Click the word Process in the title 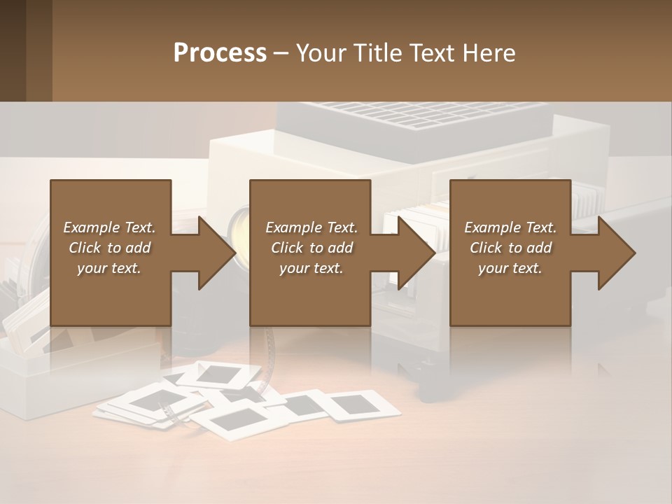click(x=220, y=53)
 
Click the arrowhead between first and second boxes click(x=218, y=253)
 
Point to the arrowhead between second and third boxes click(x=417, y=253)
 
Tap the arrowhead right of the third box click(x=617, y=253)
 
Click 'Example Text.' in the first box click(x=109, y=227)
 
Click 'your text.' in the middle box click(x=311, y=268)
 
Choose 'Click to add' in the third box click(x=510, y=248)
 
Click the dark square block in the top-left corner click(x=26, y=50)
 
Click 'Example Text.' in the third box click(x=510, y=227)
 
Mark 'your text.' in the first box click(x=109, y=268)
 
